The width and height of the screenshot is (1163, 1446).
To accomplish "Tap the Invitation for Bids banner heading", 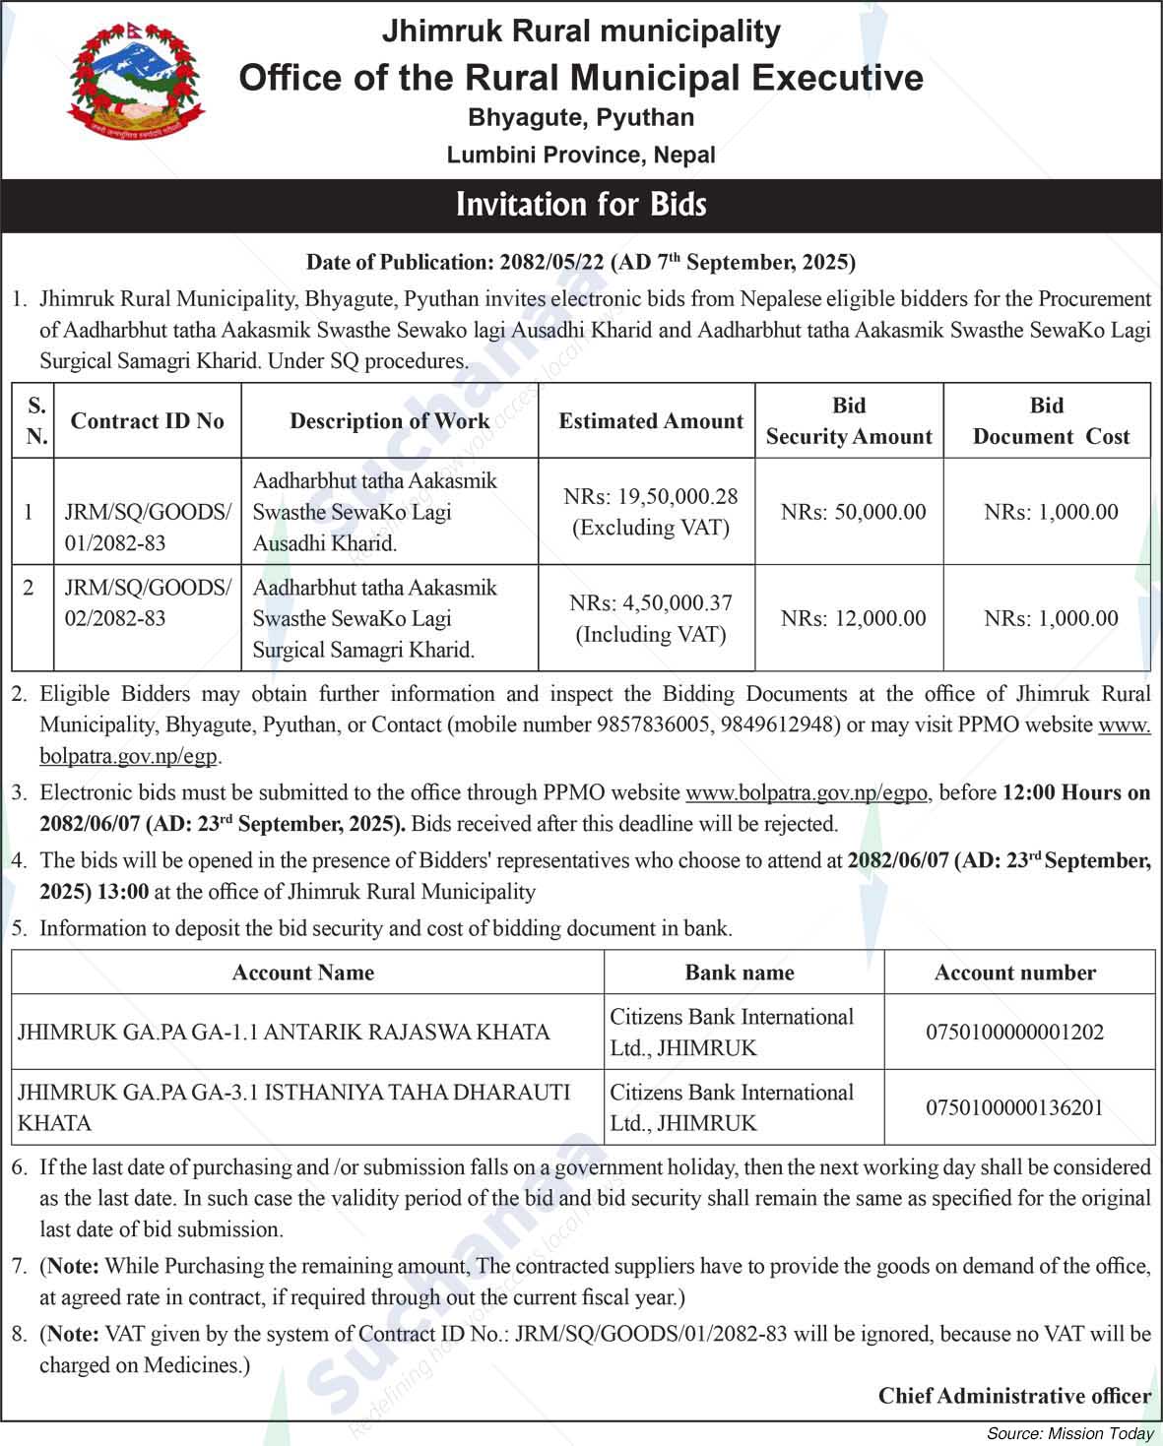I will point(581,205).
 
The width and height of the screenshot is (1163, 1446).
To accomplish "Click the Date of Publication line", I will point(581,262).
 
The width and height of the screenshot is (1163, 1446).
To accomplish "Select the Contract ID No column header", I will point(148,421).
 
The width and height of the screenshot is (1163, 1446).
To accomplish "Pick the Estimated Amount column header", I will point(651,421).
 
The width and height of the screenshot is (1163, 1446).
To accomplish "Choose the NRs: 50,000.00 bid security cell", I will point(853,512).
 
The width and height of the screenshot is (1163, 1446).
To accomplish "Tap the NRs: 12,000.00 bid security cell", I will point(853,618).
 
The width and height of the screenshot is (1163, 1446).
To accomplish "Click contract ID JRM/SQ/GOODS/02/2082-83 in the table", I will point(148,602).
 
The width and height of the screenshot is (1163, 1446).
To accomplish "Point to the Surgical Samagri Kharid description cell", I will point(374,618).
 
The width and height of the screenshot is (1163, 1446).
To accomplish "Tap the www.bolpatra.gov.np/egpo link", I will point(806,792).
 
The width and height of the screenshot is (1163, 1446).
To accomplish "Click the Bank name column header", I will point(740,973).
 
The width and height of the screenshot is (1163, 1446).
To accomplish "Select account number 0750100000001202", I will point(1014,1033).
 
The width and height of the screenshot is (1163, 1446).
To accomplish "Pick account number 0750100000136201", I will point(1014,1108).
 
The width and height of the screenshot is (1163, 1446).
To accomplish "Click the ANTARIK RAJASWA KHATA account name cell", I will point(284,1033).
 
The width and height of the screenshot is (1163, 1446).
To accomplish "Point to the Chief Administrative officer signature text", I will point(1014,1396).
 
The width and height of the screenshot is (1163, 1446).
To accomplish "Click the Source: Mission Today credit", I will point(1069,1433).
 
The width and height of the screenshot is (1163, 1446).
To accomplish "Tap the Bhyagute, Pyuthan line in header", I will point(581,118).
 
